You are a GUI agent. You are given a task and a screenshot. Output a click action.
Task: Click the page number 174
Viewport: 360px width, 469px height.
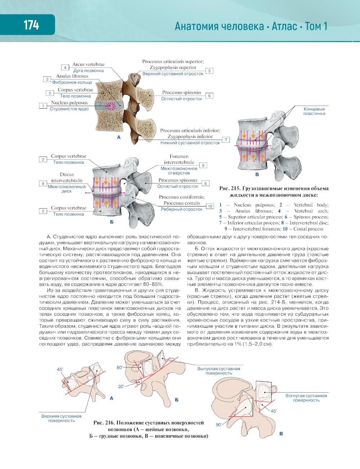[x=31, y=25]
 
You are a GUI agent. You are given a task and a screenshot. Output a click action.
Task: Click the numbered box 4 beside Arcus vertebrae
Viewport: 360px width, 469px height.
[x=65, y=68]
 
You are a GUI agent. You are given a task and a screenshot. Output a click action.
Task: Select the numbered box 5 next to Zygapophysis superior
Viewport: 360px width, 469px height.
[x=209, y=71]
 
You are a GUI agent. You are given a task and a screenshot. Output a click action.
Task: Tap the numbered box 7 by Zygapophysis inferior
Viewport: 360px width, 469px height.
[x=226, y=140]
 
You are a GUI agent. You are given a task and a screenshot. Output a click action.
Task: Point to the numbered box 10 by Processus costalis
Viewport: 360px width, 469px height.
[x=210, y=206]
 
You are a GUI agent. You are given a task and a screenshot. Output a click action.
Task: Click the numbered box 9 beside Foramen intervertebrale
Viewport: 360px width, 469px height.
[x=203, y=165]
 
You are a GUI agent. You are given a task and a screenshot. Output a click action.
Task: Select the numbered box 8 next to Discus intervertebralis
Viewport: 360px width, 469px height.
[x=43, y=183]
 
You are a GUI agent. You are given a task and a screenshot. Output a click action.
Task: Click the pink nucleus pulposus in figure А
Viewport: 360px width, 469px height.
[x=111, y=106]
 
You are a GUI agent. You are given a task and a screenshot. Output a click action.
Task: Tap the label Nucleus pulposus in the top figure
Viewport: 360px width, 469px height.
[x=69, y=103]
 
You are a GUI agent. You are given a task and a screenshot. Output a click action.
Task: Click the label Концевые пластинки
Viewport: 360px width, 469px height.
[x=314, y=111]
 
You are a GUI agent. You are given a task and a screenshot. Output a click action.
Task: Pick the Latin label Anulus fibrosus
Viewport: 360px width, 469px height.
[x=72, y=76]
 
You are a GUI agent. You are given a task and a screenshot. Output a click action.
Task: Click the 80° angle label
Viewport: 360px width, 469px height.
[x=120, y=367]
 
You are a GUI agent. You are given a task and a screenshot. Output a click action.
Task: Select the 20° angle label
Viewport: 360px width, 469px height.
[x=121, y=386]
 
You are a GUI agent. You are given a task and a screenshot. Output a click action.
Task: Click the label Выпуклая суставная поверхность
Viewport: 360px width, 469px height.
[x=219, y=371]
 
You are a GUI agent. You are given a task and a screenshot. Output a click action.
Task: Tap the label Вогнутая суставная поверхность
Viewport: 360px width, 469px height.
[x=306, y=398]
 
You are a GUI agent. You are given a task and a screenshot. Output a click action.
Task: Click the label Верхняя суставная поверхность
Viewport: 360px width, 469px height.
[x=61, y=418]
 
